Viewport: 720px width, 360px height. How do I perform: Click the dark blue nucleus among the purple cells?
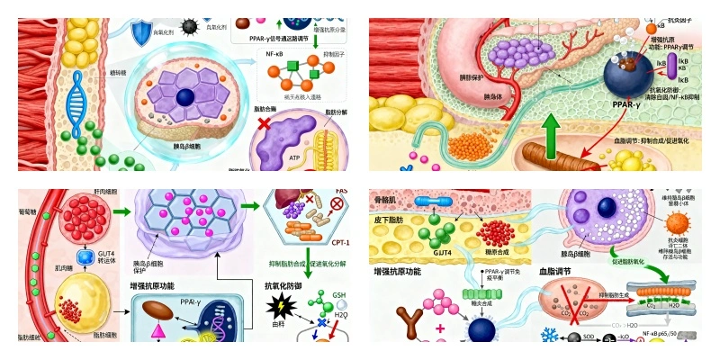pos(184,97)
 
